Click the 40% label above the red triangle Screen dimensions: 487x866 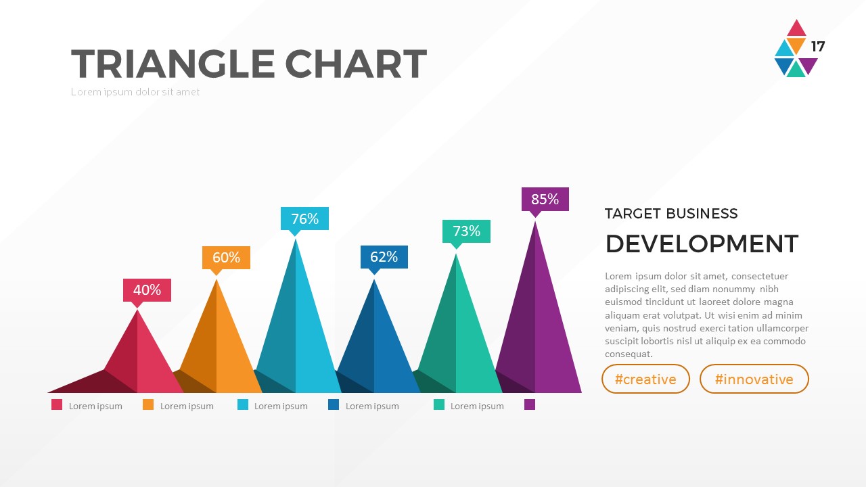147,290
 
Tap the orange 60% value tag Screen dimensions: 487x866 226,258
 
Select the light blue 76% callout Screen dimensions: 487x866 304,218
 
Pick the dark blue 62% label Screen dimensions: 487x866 384,257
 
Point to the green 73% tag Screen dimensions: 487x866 466,231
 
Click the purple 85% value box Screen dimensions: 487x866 545,200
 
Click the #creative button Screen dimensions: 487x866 645,379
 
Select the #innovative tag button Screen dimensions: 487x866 754,379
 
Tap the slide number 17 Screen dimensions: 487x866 818,47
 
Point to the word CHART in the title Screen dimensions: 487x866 355,64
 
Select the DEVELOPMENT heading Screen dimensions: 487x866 702,243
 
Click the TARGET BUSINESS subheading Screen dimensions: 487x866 671,214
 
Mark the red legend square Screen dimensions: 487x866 57,405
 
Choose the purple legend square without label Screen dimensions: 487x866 530,405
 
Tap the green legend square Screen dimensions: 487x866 439,405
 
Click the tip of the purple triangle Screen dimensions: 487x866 535,222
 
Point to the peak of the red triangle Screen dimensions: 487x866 137,310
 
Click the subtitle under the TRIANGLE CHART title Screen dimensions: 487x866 135,92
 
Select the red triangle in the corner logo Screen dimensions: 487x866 796,29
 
